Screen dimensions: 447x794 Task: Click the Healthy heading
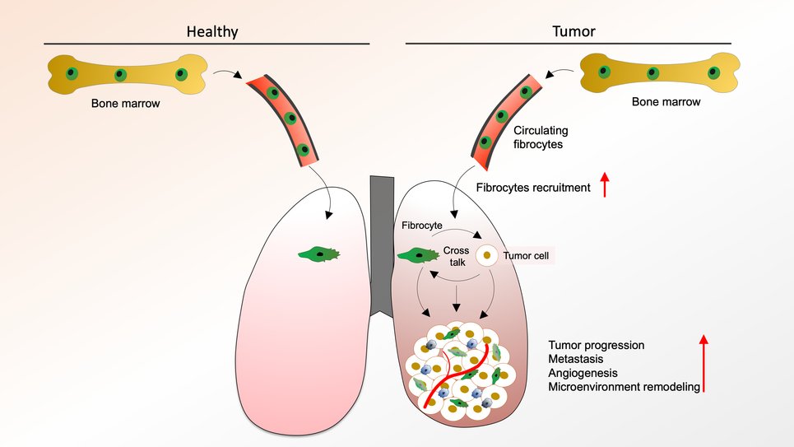click(212, 32)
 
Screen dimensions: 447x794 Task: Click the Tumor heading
click(573, 32)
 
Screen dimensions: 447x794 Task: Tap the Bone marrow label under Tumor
click(666, 102)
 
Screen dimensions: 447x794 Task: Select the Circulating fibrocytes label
click(541, 137)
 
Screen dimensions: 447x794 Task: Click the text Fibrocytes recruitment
click(533, 188)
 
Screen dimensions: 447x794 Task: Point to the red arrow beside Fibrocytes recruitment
click(606, 184)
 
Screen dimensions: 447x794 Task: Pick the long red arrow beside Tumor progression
click(704, 362)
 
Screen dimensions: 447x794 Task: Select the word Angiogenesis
click(583, 373)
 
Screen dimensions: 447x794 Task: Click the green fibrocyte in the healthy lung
click(320, 254)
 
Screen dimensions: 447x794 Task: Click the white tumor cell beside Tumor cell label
click(487, 256)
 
